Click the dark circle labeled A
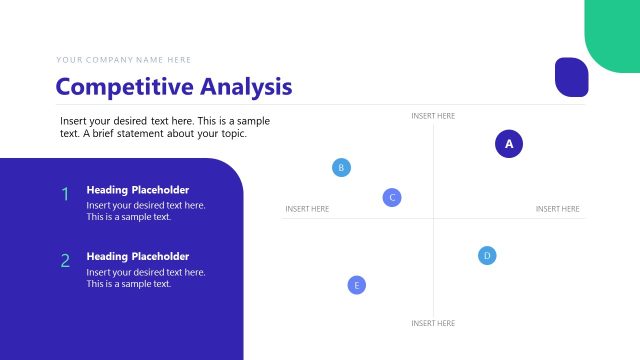(509, 144)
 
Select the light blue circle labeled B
(341, 167)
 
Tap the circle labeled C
(392, 197)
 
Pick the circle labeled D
(487, 255)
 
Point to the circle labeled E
(357, 285)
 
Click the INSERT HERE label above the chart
(433, 116)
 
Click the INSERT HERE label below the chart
(433, 323)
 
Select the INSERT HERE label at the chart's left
(307, 209)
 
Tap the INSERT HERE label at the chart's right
(557, 209)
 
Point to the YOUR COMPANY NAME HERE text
(123, 60)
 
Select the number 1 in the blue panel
(65, 194)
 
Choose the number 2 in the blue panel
(65, 261)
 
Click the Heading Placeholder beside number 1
(137, 190)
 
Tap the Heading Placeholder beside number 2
(137, 256)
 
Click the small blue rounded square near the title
(571, 77)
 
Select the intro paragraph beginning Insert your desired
(165, 127)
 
